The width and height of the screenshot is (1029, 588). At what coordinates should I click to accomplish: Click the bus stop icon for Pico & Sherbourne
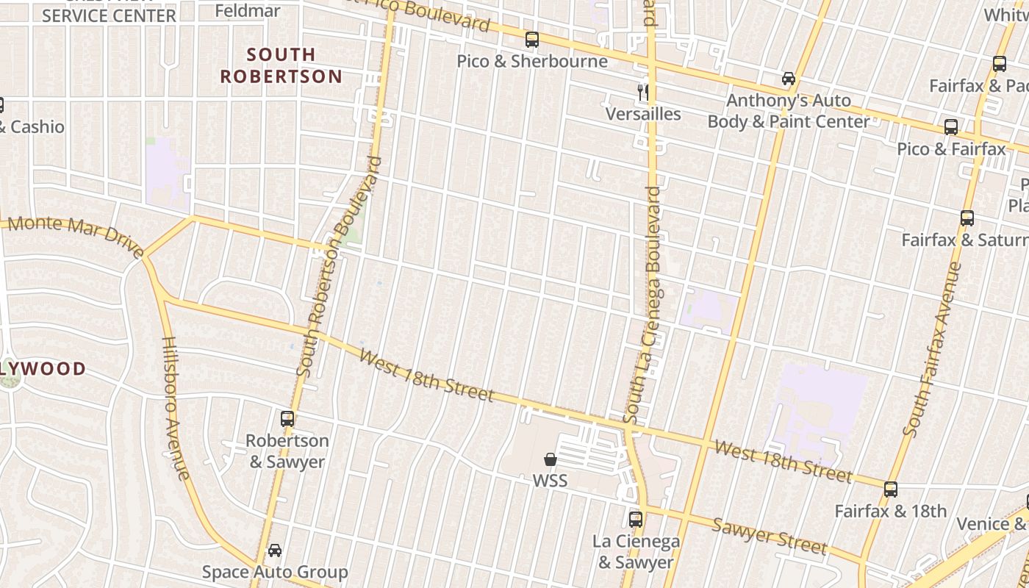tap(531, 40)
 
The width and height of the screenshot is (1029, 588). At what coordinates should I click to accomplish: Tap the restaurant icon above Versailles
tap(643, 92)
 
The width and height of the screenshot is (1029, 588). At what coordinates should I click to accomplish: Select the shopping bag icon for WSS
tap(550, 460)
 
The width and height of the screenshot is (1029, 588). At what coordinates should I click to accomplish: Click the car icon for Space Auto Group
tap(274, 551)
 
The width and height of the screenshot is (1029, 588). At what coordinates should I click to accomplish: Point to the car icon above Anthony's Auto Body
tap(788, 79)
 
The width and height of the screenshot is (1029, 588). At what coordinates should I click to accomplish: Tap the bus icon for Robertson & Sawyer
tap(287, 419)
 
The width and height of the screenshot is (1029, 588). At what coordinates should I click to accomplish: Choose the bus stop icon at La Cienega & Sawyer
tap(636, 520)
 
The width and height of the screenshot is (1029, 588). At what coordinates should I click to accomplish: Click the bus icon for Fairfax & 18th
tap(891, 489)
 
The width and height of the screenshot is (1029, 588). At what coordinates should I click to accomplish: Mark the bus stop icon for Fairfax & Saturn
tap(967, 218)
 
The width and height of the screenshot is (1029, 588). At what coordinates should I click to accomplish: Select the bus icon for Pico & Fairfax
tap(951, 127)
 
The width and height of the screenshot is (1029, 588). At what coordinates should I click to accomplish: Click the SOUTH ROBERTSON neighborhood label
tap(282, 65)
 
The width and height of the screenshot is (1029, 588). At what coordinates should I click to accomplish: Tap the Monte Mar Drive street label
tap(76, 235)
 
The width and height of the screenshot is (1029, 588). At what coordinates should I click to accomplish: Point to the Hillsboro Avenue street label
tap(176, 408)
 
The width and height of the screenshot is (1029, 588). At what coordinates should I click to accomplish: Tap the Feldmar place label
tap(247, 10)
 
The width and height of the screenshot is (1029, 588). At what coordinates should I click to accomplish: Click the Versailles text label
tap(643, 114)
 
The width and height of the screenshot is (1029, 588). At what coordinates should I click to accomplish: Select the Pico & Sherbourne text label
tap(532, 61)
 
